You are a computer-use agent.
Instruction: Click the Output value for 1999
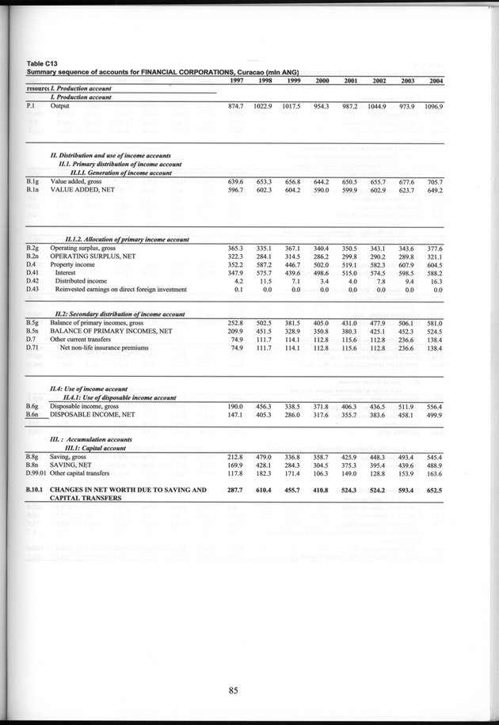point(292,105)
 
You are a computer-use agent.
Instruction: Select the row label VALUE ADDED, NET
point(82,190)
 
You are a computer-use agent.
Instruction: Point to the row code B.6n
point(32,415)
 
